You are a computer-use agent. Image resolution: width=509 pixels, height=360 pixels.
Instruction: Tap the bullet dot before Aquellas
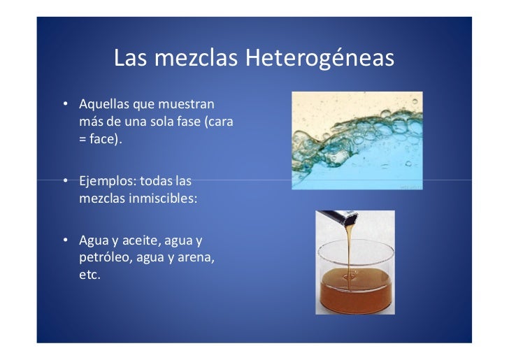(x=64, y=105)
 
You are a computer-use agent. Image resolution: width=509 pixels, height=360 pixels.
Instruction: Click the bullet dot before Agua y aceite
(x=64, y=242)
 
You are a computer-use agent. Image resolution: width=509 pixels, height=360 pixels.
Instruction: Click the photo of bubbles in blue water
(x=357, y=140)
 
